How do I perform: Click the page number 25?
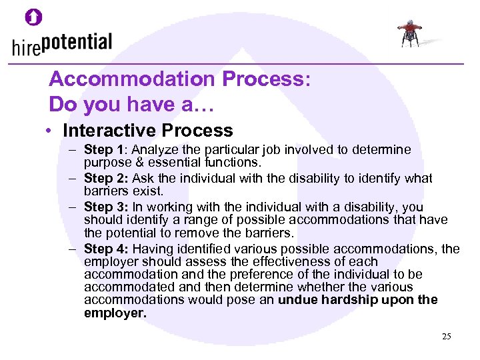446,337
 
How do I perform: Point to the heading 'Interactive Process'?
148,130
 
